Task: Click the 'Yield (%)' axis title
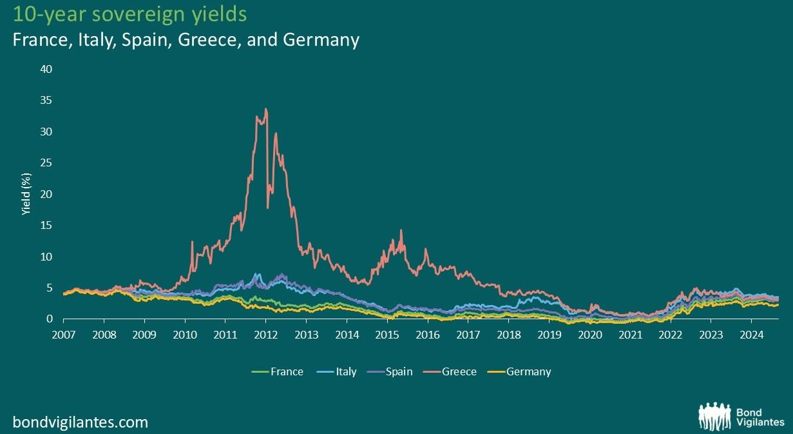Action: tap(26, 194)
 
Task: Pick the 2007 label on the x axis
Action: tap(63, 335)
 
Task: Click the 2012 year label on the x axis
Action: tap(265, 335)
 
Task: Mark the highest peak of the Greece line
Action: tap(266, 109)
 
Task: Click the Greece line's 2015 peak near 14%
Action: tap(401, 230)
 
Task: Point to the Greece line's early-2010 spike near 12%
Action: tap(192, 242)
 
